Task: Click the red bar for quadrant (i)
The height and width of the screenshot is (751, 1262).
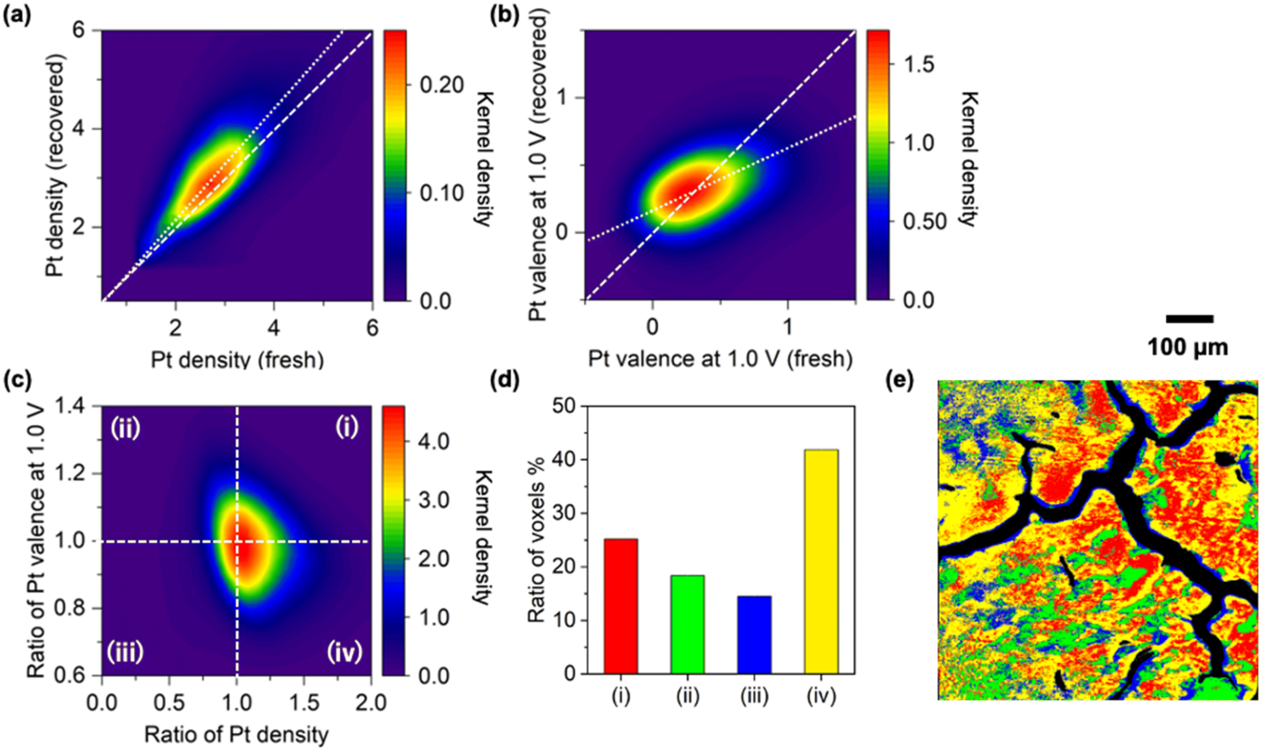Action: pos(620,606)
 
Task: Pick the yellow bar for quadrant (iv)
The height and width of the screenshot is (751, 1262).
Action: pos(821,561)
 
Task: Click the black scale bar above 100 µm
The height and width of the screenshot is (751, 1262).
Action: pos(1190,319)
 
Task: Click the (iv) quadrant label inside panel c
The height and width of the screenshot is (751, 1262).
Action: pos(345,652)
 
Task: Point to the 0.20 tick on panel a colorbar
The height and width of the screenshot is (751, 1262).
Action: pos(441,85)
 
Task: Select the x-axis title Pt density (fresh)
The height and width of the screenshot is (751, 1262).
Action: pos(237,360)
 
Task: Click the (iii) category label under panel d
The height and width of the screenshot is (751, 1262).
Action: pos(754,697)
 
